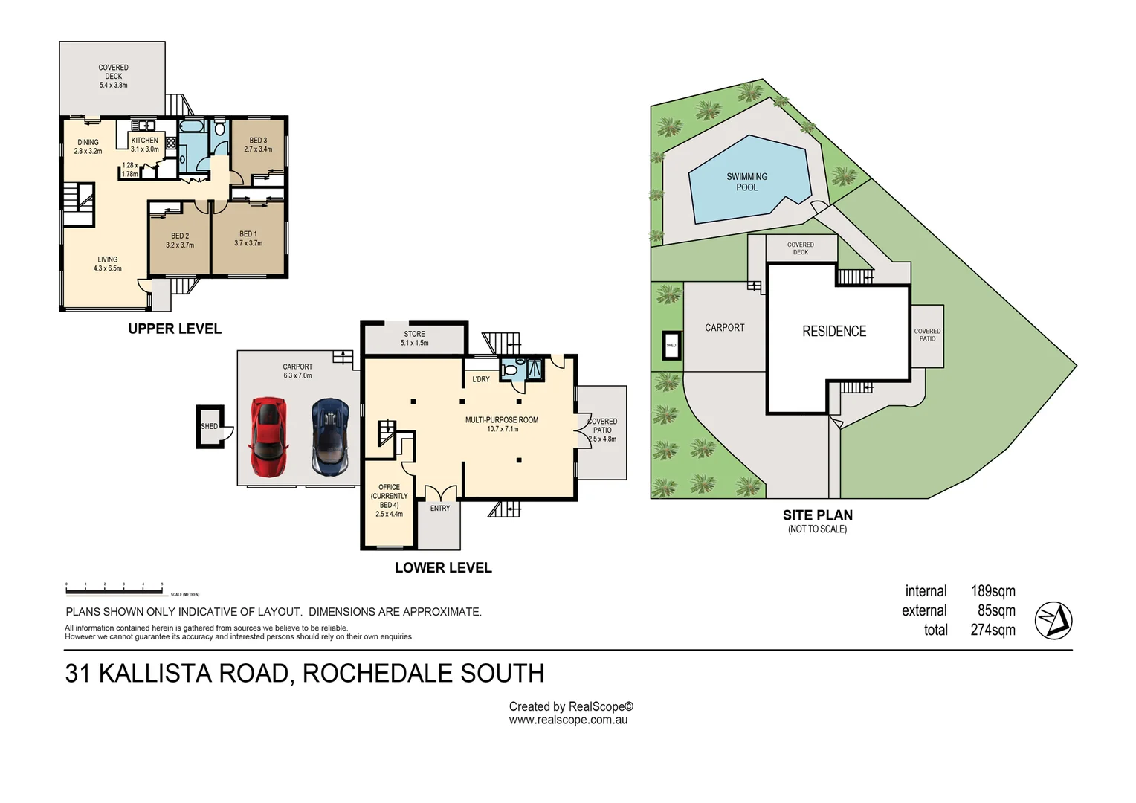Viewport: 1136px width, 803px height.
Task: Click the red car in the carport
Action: (x=268, y=437)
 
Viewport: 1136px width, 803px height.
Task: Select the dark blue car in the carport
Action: (x=330, y=437)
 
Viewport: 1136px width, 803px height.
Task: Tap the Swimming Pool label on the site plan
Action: (x=746, y=182)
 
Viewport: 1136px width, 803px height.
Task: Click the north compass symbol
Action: (x=1053, y=620)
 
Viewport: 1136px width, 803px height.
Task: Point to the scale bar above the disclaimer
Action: (x=114, y=592)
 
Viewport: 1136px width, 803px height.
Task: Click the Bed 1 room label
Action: (x=248, y=238)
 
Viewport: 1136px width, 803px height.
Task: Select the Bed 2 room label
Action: (x=180, y=240)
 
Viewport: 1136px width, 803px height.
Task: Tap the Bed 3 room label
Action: (x=258, y=144)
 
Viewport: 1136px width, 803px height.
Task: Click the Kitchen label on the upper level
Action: (x=144, y=144)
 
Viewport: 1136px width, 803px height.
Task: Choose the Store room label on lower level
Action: (x=414, y=338)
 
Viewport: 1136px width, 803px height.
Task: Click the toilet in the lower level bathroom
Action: (x=510, y=370)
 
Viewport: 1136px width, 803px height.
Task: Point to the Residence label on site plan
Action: (x=833, y=332)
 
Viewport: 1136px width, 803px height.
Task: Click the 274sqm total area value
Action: (x=993, y=630)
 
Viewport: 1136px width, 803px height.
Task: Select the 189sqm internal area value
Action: (x=993, y=591)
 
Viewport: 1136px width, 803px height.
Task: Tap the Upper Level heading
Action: (x=175, y=329)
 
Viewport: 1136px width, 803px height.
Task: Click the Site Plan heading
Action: (x=817, y=515)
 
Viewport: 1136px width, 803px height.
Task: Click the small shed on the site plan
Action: (x=671, y=345)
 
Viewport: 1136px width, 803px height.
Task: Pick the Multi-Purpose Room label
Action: (x=502, y=424)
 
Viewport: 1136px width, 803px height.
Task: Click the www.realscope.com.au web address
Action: (x=568, y=720)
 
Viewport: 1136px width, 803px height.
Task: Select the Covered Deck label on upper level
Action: (x=113, y=76)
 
